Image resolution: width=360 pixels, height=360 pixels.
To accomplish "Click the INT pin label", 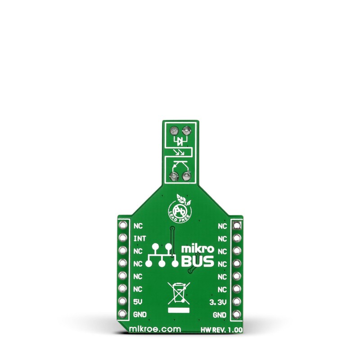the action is tap(139, 239).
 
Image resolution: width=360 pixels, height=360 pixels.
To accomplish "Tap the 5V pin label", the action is tap(138, 302).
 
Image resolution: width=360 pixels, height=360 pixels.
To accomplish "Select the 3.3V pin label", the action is tap(218, 302).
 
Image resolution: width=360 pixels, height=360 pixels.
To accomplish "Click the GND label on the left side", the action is tap(140, 315).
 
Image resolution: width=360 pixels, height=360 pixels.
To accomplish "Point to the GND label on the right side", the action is tap(220, 315).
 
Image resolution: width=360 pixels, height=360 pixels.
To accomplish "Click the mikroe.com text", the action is tap(155, 329).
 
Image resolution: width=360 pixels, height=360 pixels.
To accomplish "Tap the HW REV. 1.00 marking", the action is tap(221, 330).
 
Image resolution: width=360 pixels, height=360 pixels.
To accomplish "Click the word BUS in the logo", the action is tap(198, 261).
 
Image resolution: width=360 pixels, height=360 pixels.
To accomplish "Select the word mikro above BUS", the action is tap(198, 249).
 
